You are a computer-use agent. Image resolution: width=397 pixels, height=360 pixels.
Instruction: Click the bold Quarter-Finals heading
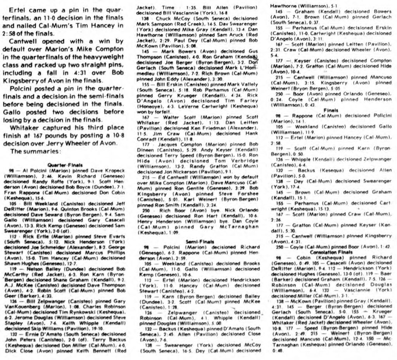66,164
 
